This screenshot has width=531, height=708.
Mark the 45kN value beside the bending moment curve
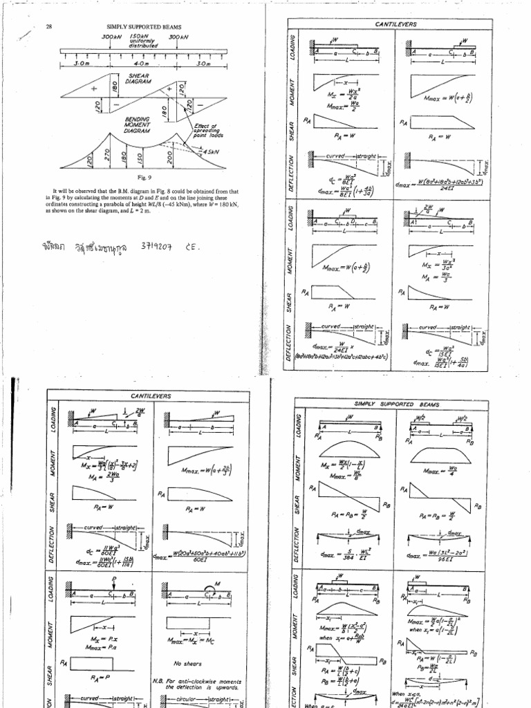tap(209, 151)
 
